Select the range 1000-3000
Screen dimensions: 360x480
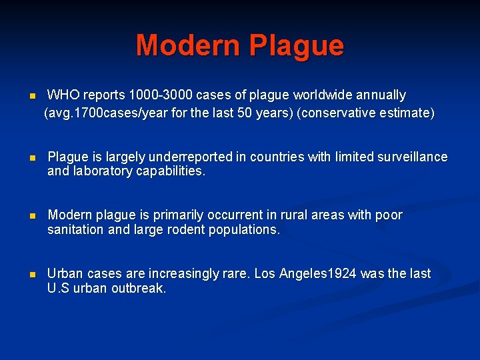(x=159, y=95)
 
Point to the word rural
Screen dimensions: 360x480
(x=313, y=215)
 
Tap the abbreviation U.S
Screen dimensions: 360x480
(x=59, y=289)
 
